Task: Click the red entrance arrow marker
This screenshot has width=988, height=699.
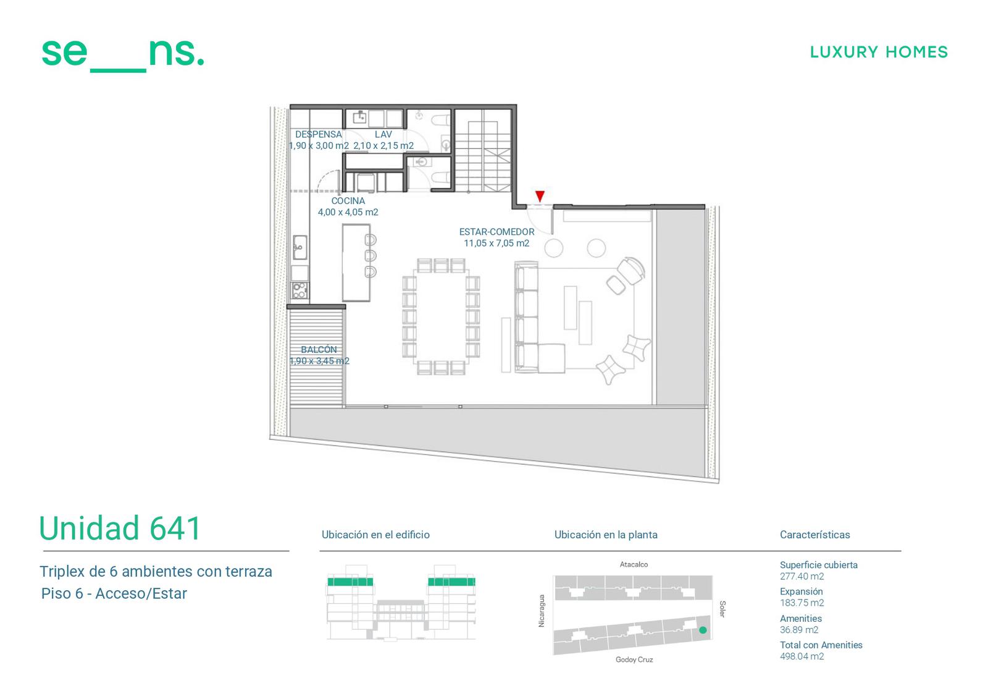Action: [x=540, y=196]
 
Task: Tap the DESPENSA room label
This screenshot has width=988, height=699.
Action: [x=319, y=134]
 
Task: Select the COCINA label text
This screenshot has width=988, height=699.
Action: [x=348, y=201]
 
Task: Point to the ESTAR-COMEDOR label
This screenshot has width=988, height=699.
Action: [x=496, y=232]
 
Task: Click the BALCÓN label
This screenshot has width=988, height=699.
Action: [x=319, y=349]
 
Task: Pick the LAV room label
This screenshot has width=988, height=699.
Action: [x=383, y=134]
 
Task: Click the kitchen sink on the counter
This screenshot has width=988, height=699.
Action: [x=300, y=247]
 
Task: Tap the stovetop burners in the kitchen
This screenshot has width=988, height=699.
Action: [x=300, y=290]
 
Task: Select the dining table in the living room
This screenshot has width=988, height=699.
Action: [x=440, y=317]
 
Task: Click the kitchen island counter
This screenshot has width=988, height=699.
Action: [x=356, y=263]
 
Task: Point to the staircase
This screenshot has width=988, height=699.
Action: [x=482, y=150]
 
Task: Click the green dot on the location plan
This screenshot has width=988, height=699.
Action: [x=703, y=630]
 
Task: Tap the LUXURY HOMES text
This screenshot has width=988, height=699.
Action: [x=879, y=52]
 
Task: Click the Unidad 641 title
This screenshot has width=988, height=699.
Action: [x=120, y=528]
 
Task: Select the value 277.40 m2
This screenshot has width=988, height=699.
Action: [x=802, y=576]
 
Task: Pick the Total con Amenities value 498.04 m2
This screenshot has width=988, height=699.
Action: [x=802, y=656]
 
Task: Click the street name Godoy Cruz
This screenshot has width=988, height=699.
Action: [x=634, y=659]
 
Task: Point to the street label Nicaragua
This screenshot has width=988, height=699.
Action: [x=542, y=611]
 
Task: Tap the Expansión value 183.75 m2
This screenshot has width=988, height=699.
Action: [x=802, y=603]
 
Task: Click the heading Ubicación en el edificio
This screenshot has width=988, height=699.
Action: [x=375, y=535]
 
